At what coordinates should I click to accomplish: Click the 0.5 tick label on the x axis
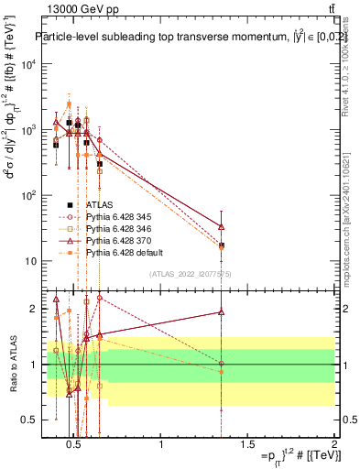(x=74, y=450)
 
